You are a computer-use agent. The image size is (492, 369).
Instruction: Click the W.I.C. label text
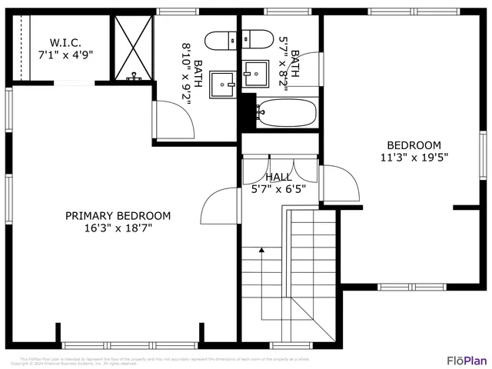66,42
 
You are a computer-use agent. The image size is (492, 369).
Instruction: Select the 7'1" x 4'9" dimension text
66,55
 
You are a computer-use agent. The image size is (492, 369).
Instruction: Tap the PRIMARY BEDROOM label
118,216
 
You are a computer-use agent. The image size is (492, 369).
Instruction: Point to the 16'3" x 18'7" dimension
118,228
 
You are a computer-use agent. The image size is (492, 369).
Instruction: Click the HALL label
278,177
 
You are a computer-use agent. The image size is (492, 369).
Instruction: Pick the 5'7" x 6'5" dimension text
278,188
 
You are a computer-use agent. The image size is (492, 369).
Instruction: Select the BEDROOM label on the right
414,145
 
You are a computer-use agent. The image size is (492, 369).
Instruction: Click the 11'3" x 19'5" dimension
414,158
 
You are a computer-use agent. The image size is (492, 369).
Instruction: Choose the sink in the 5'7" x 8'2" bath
256,75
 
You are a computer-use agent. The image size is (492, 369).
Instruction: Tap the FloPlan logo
467,359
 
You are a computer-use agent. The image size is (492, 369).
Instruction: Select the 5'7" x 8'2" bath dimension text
289,63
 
